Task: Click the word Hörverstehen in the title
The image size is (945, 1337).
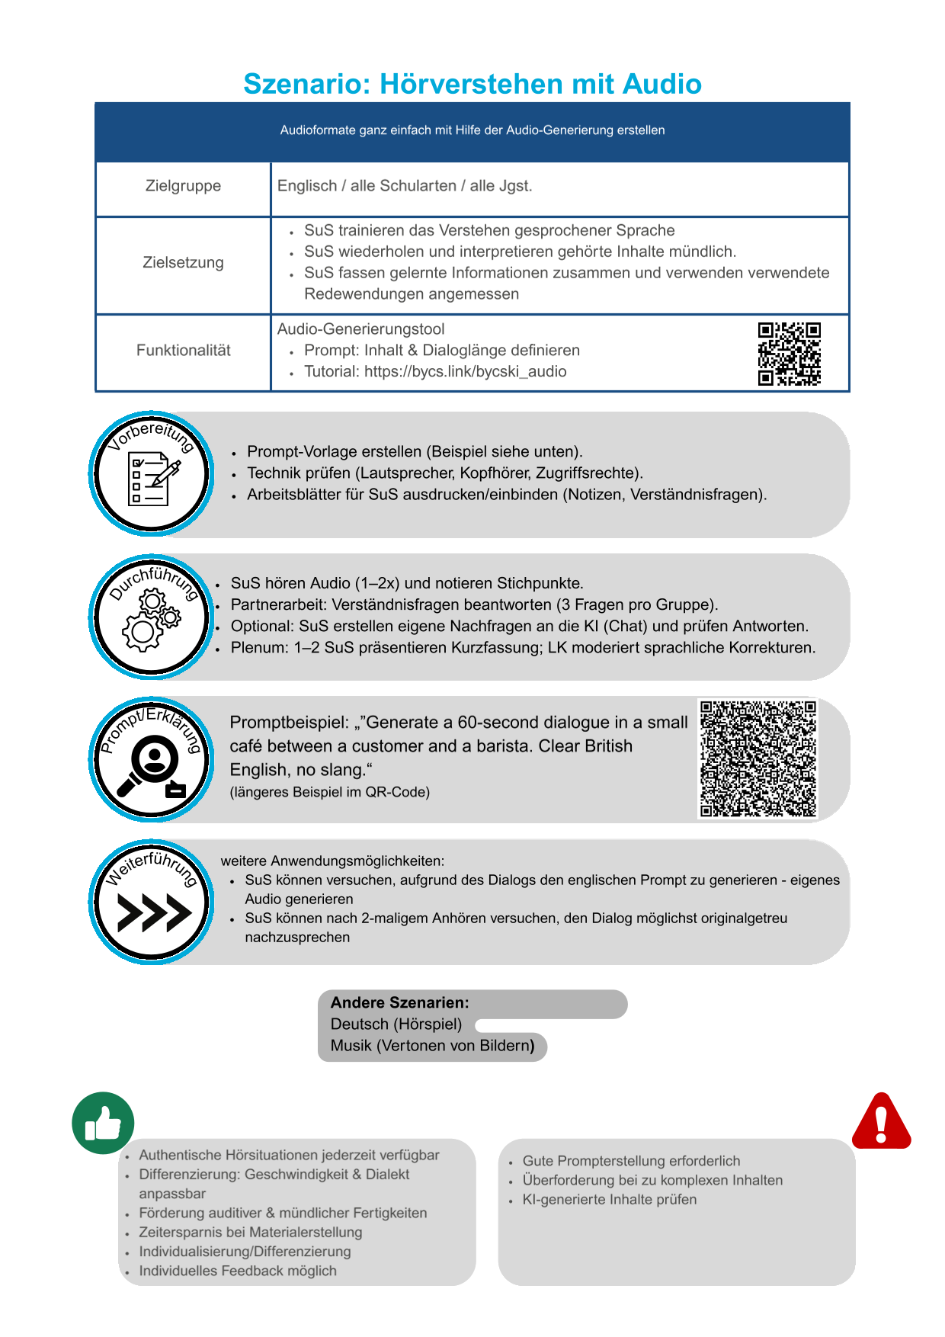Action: [472, 84]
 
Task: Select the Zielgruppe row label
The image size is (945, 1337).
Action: [183, 186]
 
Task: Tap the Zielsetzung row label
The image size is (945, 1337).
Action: [183, 263]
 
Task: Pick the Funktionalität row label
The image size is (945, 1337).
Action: [183, 351]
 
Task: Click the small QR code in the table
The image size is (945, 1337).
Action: [789, 354]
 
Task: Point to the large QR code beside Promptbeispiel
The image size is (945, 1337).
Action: [758, 758]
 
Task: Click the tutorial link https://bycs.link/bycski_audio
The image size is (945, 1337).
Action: [465, 372]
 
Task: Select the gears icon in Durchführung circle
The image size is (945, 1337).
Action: [151, 621]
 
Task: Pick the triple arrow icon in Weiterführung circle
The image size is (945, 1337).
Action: [153, 913]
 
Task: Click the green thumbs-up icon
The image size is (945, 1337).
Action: [103, 1123]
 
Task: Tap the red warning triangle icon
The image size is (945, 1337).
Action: [881, 1121]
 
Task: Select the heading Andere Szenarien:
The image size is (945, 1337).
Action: [399, 1003]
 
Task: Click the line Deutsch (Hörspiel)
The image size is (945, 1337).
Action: [396, 1024]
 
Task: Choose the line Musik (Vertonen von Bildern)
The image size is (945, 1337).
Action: [432, 1046]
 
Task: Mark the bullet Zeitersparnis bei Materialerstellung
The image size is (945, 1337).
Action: [250, 1233]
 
